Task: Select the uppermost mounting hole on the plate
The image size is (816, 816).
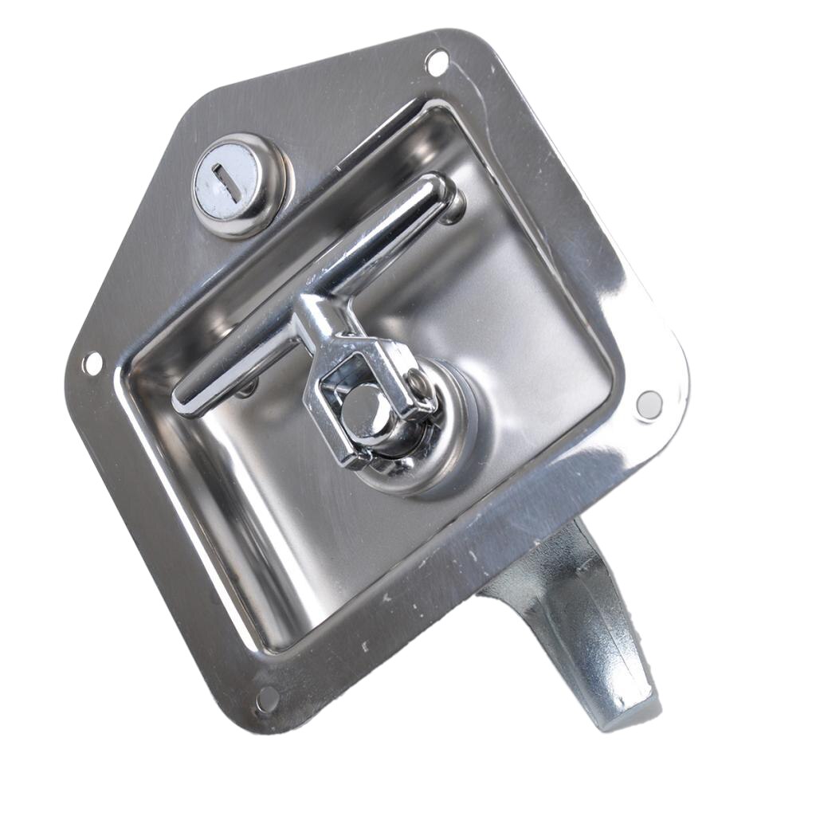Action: click(x=436, y=62)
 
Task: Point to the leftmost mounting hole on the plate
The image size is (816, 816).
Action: click(x=92, y=364)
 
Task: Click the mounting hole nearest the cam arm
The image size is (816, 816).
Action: click(x=649, y=404)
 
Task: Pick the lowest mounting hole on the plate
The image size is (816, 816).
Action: click(x=267, y=699)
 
